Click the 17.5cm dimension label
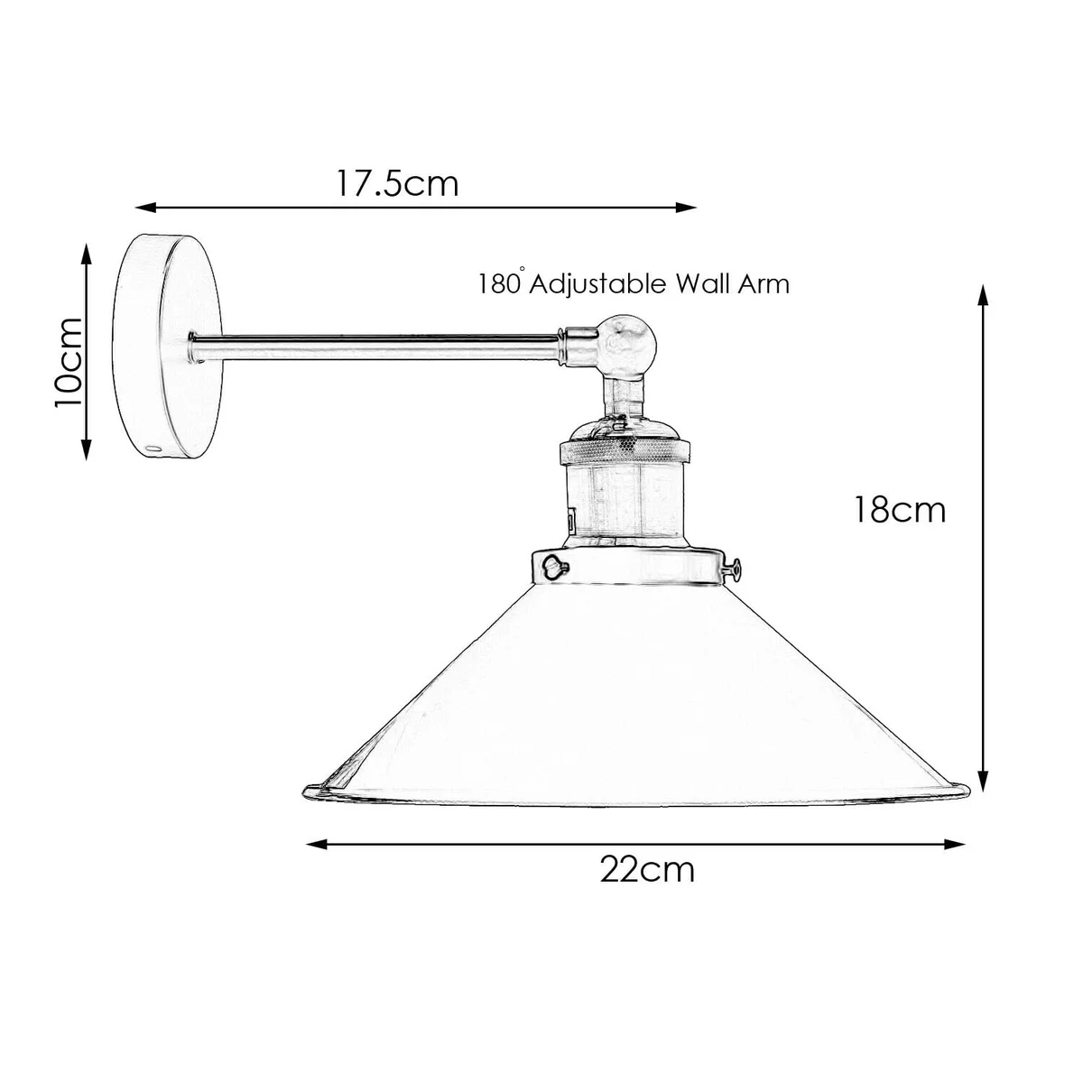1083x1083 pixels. point(398,183)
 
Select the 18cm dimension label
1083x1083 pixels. point(901,510)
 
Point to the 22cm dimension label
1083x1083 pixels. point(647,869)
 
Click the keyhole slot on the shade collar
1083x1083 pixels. point(551,566)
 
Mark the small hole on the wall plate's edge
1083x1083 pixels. point(152,447)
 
